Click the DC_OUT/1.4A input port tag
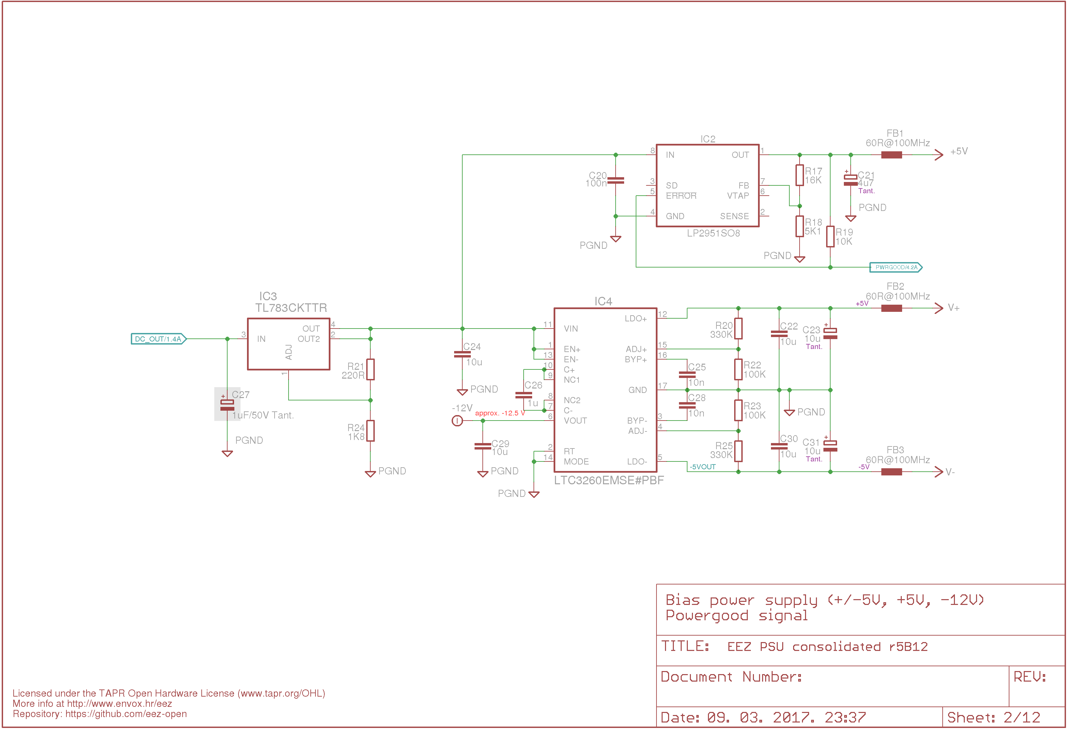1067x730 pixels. click(x=158, y=339)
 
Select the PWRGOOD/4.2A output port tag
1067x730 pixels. click(x=896, y=268)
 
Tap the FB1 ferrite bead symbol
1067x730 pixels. click(x=892, y=155)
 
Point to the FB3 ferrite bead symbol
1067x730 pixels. click(x=892, y=472)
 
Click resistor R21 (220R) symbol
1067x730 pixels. click(x=371, y=369)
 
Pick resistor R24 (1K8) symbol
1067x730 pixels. click(x=371, y=431)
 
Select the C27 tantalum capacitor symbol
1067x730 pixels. click(x=227, y=405)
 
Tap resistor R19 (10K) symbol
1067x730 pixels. click(x=830, y=237)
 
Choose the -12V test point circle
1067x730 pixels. click(x=457, y=421)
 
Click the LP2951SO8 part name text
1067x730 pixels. click(x=713, y=233)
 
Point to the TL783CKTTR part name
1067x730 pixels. click(x=291, y=308)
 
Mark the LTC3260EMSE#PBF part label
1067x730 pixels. click(x=609, y=481)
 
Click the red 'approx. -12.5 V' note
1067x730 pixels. click(x=500, y=413)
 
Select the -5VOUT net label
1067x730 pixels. click(x=702, y=467)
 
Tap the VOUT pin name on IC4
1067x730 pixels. click(x=575, y=421)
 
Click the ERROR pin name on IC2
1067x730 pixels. click(x=681, y=196)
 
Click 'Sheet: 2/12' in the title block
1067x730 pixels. click(x=993, y=718)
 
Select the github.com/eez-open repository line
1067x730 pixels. click(x=99, y=714)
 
